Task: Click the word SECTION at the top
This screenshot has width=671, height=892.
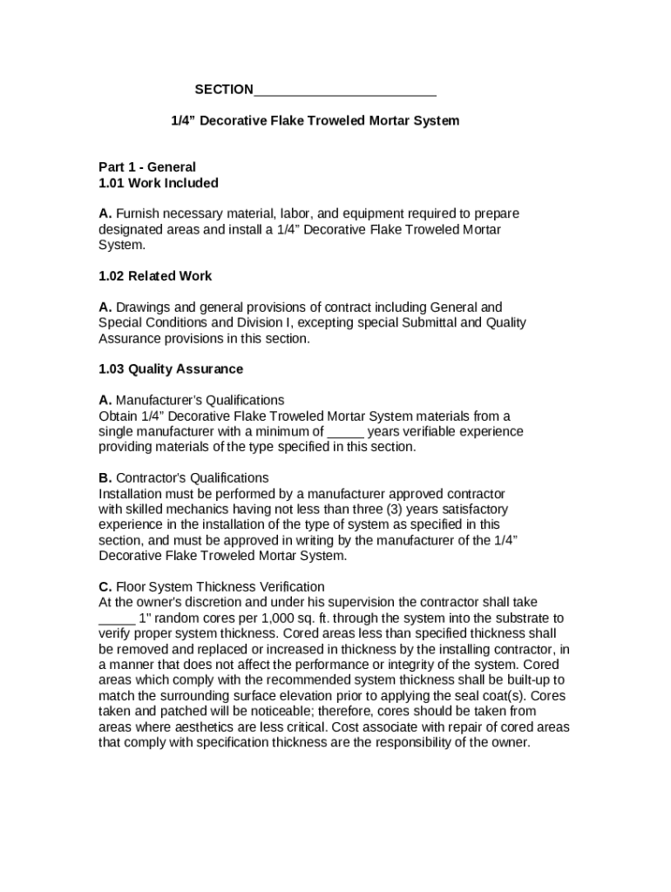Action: (x=224, y=90)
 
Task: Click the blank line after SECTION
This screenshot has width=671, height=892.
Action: (x=345, y=91)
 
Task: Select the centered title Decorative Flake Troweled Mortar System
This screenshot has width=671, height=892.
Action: (x=314, y=120)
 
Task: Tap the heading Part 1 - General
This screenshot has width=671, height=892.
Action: (x=147, y=166)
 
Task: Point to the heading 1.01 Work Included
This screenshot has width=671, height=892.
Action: (x=159, y=183)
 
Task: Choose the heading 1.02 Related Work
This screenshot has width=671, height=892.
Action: (x=155, y=276)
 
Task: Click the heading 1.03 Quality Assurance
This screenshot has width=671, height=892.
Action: (x=171, y=369)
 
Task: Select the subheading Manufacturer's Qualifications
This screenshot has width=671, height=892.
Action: (x=200, y=401)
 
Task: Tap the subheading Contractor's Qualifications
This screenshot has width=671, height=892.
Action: (x=193, y=478)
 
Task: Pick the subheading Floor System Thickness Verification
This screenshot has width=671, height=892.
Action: (x=220, y=587)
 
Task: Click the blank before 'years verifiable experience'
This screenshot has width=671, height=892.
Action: (x=345, y=433)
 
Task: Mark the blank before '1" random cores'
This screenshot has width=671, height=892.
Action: (x=116, y=619)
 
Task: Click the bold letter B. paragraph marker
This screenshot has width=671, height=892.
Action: (x=105, y=478)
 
